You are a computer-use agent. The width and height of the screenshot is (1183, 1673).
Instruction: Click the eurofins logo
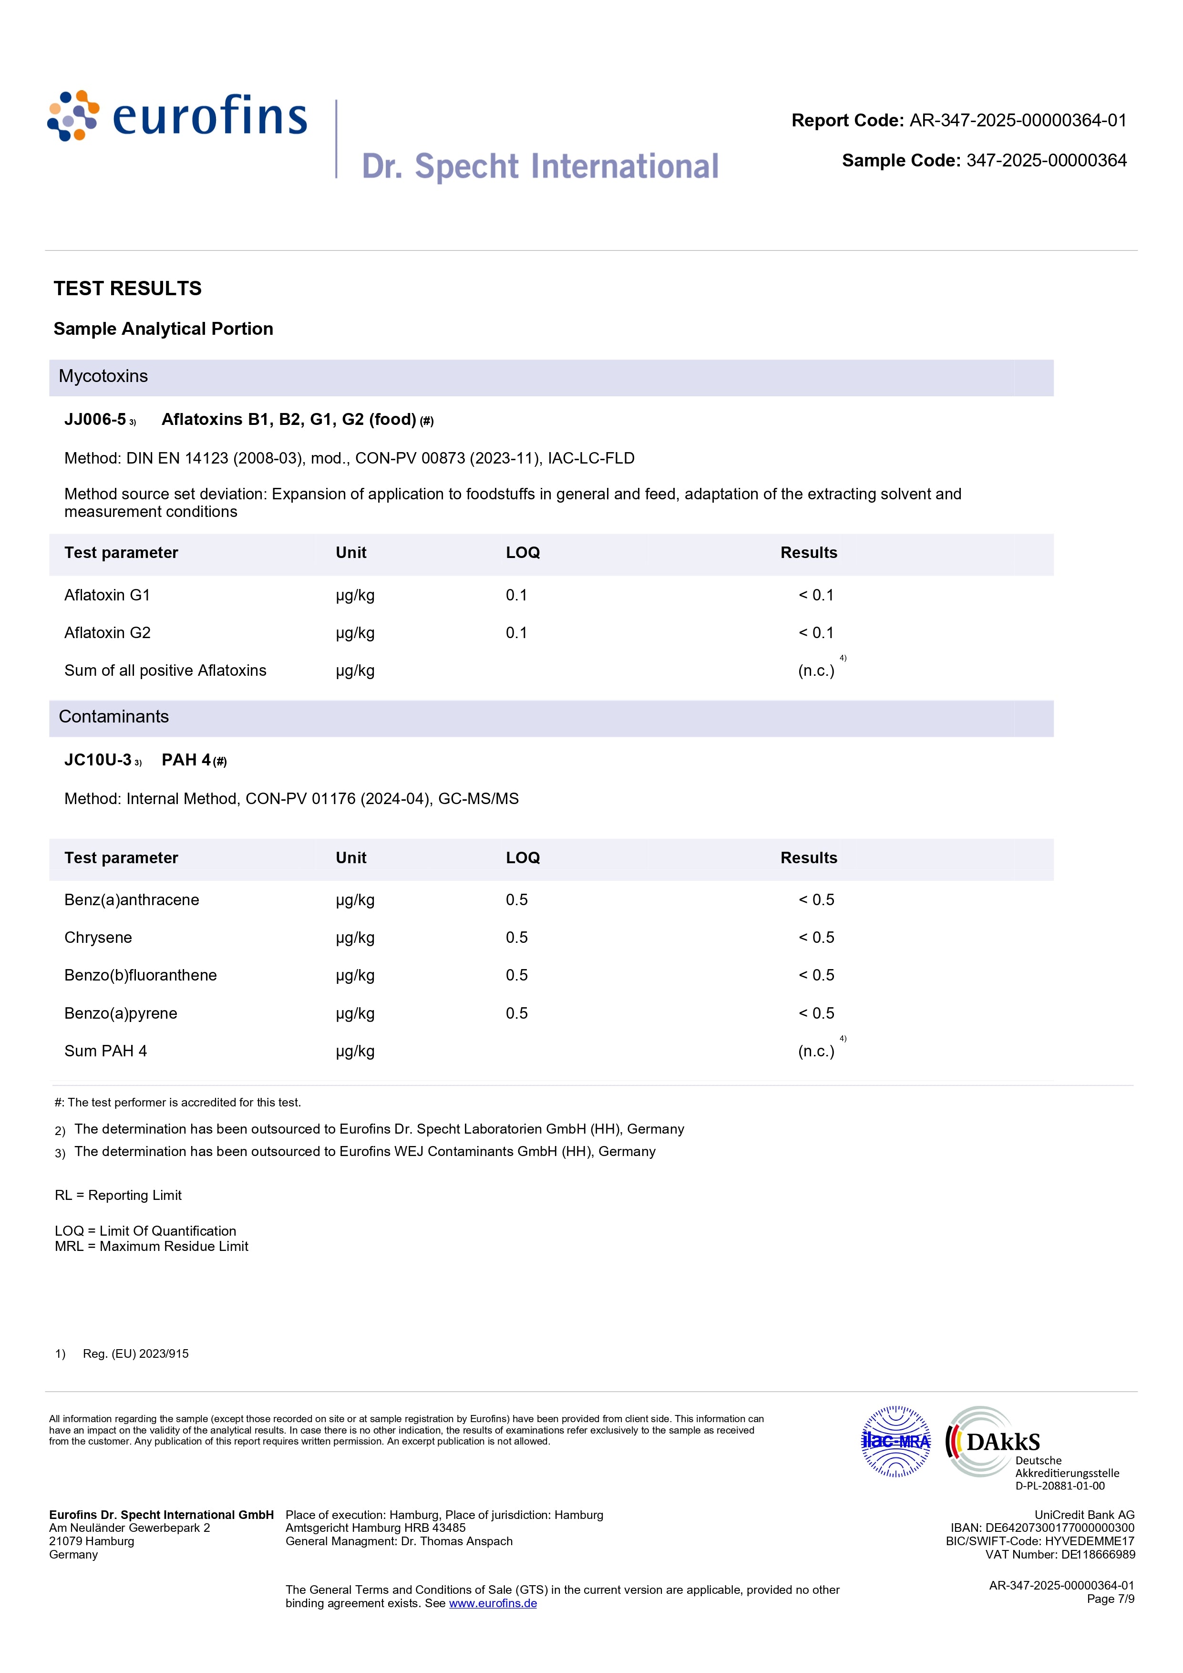tap(177, 116)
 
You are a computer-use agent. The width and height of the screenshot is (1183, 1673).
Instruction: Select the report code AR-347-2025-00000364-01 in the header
tap(1017, 121)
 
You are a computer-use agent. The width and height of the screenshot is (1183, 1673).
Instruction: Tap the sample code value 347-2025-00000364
tap(1046, 161)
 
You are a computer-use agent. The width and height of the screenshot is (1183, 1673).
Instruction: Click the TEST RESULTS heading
tap(127, 289)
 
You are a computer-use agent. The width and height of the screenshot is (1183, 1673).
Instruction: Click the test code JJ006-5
tap(95, 420)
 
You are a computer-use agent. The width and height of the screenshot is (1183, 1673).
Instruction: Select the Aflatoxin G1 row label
tap(107, 595)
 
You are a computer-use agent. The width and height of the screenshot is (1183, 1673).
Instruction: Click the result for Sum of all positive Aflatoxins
tap(816, 671)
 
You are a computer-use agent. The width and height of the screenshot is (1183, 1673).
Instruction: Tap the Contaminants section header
tap(113, 717)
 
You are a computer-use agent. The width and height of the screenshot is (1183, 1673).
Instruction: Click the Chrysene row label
tap(98, 938)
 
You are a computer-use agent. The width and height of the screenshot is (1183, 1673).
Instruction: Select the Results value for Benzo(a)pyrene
tap(816, 1013)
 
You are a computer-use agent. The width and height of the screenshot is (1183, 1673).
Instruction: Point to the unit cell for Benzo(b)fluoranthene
tap(355, 976)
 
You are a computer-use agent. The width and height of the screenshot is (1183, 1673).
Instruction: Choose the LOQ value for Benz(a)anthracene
tap(516, 900)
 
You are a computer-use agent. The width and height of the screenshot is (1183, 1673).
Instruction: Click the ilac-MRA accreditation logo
tap(896, 1441)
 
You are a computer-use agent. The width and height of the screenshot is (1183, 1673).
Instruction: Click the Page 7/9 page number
tap(1110, 1599)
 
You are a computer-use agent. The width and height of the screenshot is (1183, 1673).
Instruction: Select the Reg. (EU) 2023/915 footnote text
tap(135, 1354)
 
